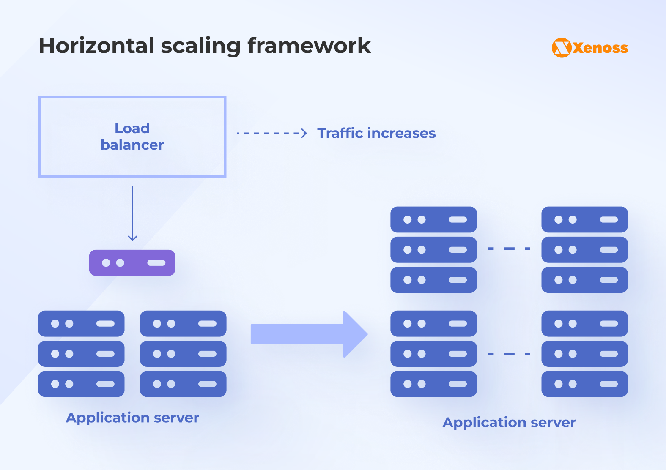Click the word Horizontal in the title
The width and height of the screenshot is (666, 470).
tap(96, 46)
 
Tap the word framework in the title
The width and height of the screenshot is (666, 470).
tap(309, 46)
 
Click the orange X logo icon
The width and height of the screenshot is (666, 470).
tap(562, 48)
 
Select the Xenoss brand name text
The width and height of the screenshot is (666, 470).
tap(600, 48)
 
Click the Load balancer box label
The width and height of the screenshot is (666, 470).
tap(132, 137)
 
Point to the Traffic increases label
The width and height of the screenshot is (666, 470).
tap(376, 133)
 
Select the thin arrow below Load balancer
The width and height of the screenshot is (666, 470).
tap(132, 213)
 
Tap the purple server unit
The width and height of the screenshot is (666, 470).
tap(132, 263)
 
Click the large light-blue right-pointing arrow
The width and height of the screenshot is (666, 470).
tap(309, 334)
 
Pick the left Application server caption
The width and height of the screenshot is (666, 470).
tap(132, 418)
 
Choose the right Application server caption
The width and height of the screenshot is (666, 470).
tap(509, 422)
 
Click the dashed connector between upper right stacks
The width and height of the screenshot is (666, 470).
tap(509, 249)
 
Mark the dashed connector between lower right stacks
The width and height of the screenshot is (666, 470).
tap(509, 354)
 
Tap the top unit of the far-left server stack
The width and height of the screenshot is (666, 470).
tap(81, 324)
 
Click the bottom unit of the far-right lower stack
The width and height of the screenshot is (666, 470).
tap(584, 384)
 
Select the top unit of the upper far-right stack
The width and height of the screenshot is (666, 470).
tap(584, 219)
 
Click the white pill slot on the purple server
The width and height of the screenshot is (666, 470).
tap(156, 263)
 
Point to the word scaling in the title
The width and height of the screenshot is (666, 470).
tap(201, 46)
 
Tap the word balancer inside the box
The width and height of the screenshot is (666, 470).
tap(132, 145)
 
